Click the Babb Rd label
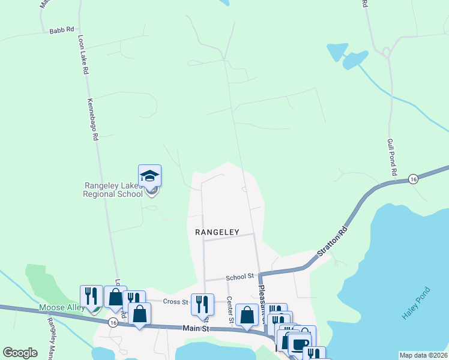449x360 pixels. [x=62, y=29]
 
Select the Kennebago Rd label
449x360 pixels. [x=93, y=119]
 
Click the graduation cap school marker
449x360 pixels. [x=149, y=175]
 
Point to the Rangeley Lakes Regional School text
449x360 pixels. [x=113, y=190]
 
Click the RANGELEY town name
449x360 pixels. [x=217, y=232]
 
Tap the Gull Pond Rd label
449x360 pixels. [x=393, y=156]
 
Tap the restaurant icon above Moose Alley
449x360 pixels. [x=91, y=296]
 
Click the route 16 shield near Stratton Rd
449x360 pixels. [x=413, y=179]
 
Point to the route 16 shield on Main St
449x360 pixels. [x=113, y=322]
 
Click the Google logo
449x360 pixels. [x=20, y=353]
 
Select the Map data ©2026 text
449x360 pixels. [x=423, y=355]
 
